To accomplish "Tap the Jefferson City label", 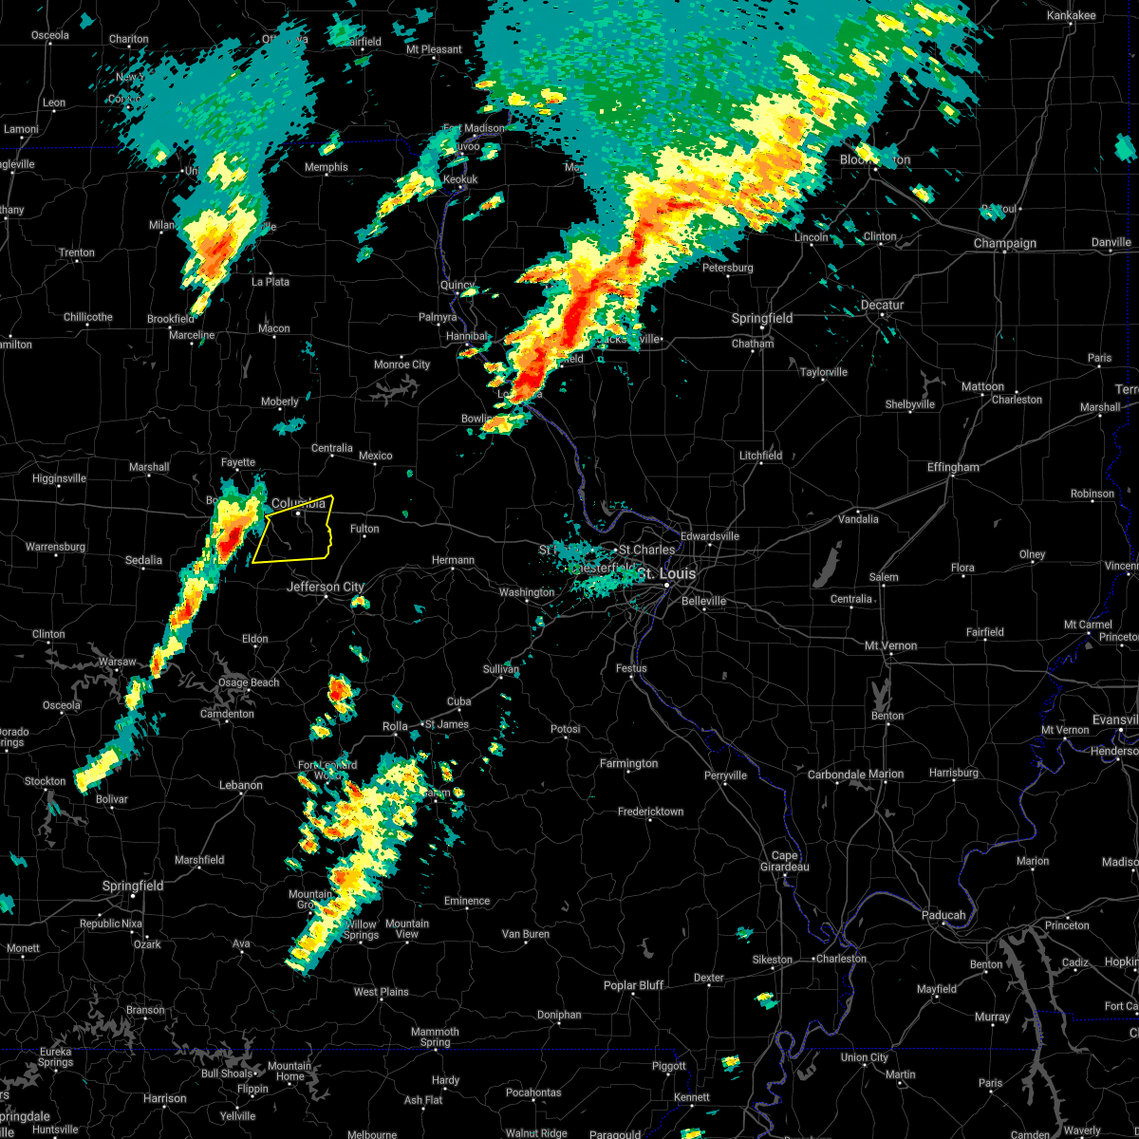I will pyautogui.click(x=326, y=588).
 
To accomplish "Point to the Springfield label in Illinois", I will pyautogui.click(x=762, y=319).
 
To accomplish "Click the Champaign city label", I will pyautogui.click(x=1005, y=244).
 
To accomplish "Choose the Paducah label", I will pyautogui.click(x=943, y=915).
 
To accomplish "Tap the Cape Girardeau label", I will pyautogui.click(x=784, y=861).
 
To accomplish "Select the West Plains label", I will pyautogui.click(x=381, y=992).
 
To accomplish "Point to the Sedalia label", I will pyautogui.click(x=143, y=561).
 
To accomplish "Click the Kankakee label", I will pyautogui.click(x=1071, y=16).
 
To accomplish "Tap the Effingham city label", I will pyautogui.click(x=954, y=468).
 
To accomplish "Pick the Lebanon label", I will pyautogui.click(x=240, y=785).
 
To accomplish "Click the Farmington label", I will pyautogui.click(x=628, y=764).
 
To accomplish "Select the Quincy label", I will pyautogui.click(x=457, y=286).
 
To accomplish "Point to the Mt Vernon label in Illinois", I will pyautogui.click(x=890, y=646).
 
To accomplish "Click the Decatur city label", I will pyautogui.click(x=882, y=306).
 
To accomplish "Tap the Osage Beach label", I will pyautogui.click(x=248, y=682).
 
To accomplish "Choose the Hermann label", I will pyautogui.click(x=453, y=560).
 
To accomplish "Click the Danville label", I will pyautogui.click(x=1111, y=243).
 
